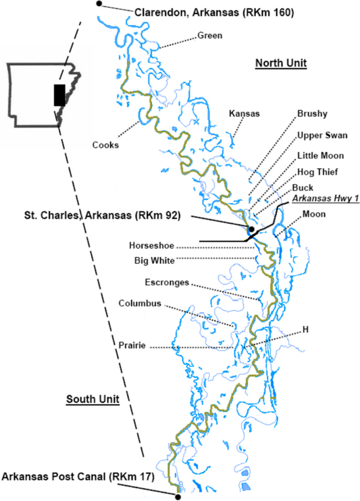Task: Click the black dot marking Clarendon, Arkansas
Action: [99, 4]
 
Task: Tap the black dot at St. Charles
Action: [251, 229]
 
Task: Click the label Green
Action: [210, 36]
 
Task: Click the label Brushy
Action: [312, 113]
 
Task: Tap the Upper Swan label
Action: [322, 135]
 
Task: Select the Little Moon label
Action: [321, 155]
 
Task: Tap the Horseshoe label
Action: [151, 245]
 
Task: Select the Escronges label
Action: [167, 283]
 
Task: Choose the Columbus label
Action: [139, 303]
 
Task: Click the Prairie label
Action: [132, 346]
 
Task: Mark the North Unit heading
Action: [281, 64]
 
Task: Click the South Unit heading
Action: [92, 400]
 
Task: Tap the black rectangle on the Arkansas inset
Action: [59, 95]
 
